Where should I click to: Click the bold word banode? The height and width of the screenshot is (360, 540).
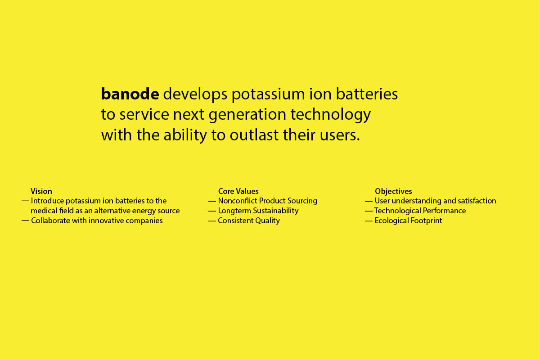click(130, 94)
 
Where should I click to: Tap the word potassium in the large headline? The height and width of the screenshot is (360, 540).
click(268, 94)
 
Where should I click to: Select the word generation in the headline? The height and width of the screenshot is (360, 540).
click(247, 115)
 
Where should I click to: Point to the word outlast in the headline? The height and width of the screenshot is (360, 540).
click(254, 135)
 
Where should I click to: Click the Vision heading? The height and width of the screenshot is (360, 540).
click(41, 191)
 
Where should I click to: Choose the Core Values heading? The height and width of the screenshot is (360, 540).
click(238, 191)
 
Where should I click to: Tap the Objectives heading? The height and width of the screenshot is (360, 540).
click(393, 191)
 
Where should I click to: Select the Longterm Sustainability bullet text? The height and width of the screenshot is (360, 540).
click(258, 211)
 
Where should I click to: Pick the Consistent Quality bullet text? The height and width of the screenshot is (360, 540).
click(249, 220)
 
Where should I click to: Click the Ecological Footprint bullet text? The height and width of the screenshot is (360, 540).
click(409, 220)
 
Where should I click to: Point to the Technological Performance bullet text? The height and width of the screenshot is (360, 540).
click(420, 211)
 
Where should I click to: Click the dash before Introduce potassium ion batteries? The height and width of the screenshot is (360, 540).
click(25, 201)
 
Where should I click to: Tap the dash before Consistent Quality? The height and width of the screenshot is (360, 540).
click(212, 220)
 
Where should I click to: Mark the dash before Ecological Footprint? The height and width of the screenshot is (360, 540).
click(369, 220)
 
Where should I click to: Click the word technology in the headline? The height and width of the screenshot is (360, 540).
click(330, 115)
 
